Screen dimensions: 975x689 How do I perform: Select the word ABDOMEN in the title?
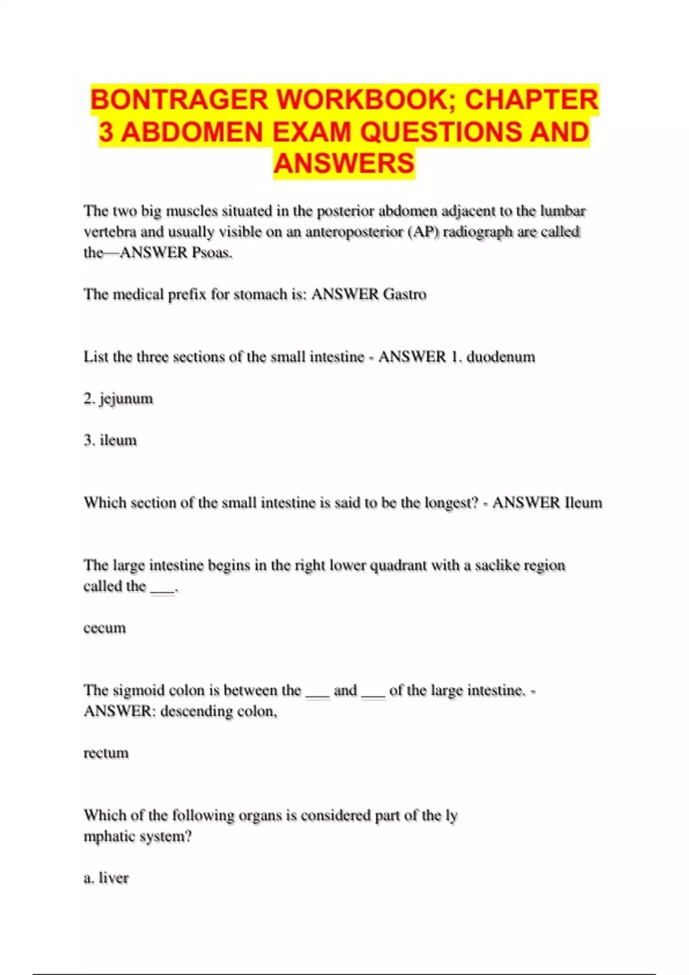193,132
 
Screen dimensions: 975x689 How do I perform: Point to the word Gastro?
405,294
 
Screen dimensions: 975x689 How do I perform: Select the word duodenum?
501,357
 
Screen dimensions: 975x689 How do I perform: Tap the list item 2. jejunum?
118,399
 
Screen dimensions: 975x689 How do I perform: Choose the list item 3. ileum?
110,440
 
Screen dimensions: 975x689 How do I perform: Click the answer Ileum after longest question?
583,503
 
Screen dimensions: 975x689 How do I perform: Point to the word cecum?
104,628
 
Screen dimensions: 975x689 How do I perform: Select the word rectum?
106,753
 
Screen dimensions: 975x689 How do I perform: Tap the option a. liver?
106,878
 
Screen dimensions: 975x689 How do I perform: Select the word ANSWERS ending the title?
344,163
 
